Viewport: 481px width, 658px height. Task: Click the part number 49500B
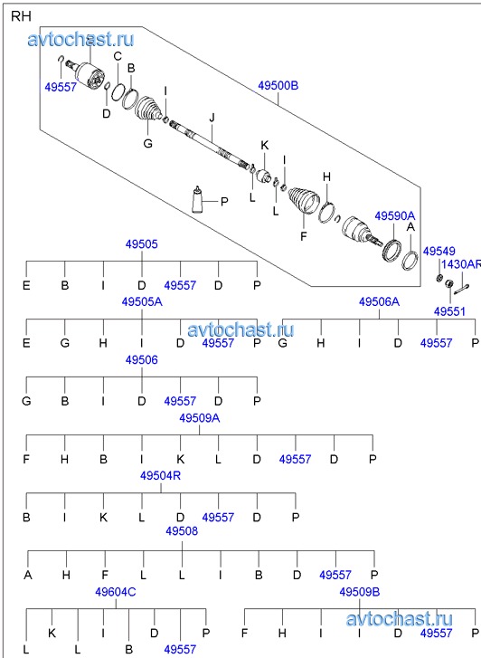tap(278, 86)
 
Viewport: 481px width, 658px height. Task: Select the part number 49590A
tap(394, 216)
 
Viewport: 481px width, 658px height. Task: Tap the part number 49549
tap(439, 252)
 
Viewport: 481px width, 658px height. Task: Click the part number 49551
tap(449, 311)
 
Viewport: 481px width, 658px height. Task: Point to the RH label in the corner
tap(21, 16)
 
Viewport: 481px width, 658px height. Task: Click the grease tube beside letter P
tap(197, 199)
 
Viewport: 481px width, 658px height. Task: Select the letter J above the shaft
tap(212, 118)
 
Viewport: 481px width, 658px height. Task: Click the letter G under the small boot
tap(147, 144)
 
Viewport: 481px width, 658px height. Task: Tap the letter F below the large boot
tap(304, 236)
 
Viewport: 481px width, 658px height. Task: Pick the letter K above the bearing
tap(265, 146)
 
